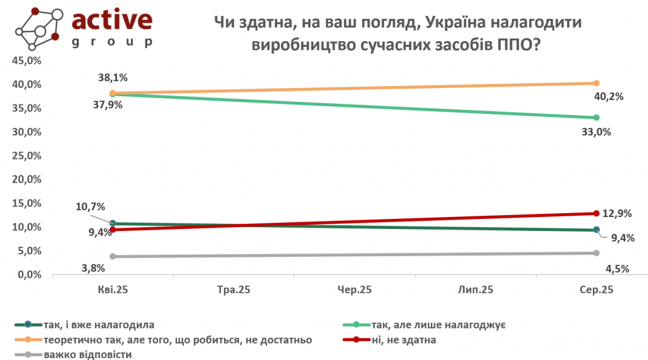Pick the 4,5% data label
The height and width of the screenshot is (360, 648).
coord(617,268)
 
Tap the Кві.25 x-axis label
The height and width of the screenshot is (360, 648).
coord(112,290)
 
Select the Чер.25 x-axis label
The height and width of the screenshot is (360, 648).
coord(354,290)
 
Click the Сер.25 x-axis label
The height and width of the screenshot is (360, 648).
coord(596,290)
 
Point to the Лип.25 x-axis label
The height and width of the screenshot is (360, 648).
coord(475,290)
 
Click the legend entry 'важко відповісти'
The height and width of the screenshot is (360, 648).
coord(88,354)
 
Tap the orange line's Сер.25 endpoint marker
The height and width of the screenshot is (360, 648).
coord(596,83)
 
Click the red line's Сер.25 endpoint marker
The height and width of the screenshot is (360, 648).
coord(596,213)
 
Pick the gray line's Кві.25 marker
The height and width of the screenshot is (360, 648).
coord(113,256)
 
